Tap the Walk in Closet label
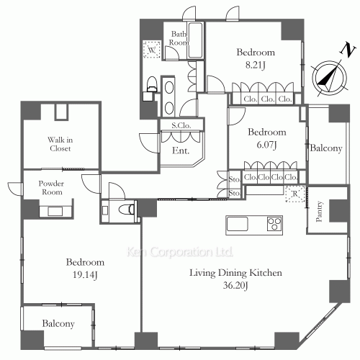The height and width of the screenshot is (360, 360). click(60, 144)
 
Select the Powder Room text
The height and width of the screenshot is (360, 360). click(51, 188)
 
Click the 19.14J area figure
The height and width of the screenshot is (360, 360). click(85, 275)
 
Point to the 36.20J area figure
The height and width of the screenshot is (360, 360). click(235, 285)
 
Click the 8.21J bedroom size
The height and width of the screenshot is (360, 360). click(256, 65)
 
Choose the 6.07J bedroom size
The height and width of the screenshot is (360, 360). click(267, 145)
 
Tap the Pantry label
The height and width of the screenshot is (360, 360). click(319, 211)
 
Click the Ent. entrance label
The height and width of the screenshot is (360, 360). click(181, 150)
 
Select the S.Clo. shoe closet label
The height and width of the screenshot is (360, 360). click(181, 125)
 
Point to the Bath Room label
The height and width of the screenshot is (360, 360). click(179, 38)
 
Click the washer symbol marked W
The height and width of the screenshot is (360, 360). click(152, 50)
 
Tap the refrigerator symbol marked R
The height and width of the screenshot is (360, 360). click(295, 194)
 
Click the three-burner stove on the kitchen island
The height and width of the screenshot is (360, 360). click(274, 224)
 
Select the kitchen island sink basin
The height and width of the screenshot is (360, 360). click(238, 224)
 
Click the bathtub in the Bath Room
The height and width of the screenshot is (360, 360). click(195, 40)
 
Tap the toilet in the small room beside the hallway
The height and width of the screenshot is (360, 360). click(127, 210)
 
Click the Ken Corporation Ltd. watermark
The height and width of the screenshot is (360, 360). click(179, 252)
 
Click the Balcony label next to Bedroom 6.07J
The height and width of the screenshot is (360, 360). click(326, 148)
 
